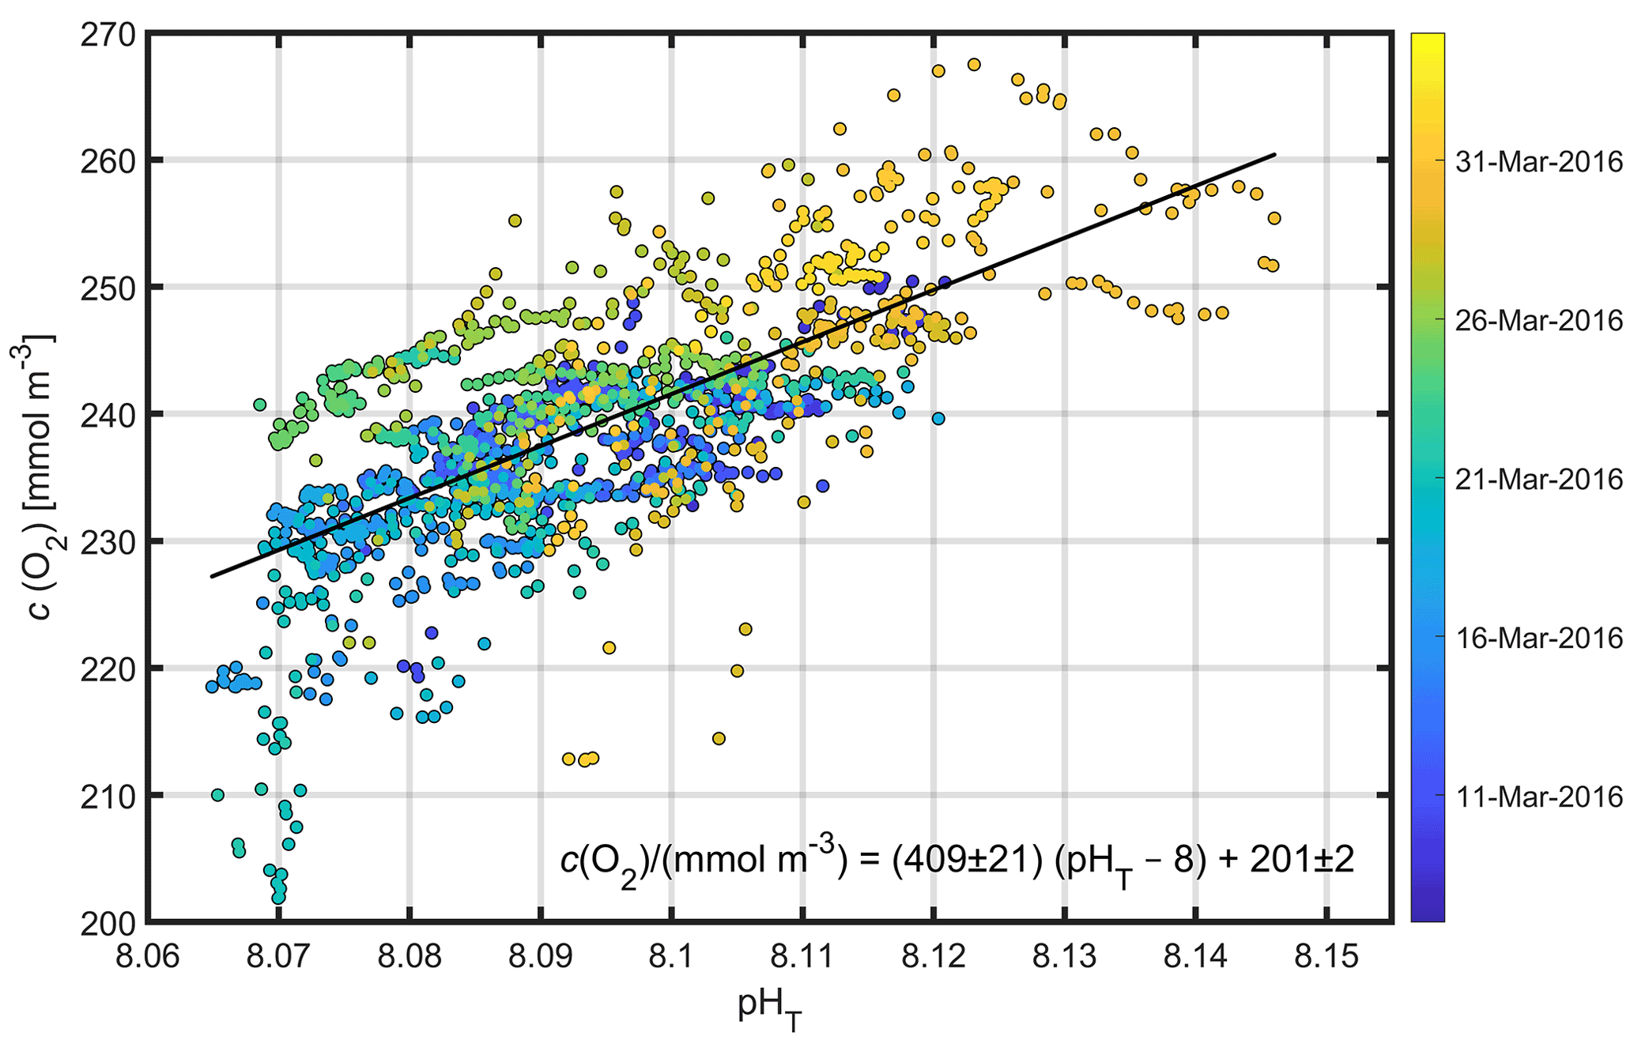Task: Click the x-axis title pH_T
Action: click(769, 1010)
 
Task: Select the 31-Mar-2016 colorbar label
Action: click(1538, 163)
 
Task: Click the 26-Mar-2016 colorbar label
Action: click(1538, 321)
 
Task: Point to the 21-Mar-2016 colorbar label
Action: click(1538, 480)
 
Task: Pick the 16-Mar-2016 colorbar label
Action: click(1538, 638)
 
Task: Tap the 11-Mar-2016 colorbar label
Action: click(1538, 797)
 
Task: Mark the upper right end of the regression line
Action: click(1275, 154)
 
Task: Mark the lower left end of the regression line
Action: click(212, 576)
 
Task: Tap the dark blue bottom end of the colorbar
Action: click(1428, 917)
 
